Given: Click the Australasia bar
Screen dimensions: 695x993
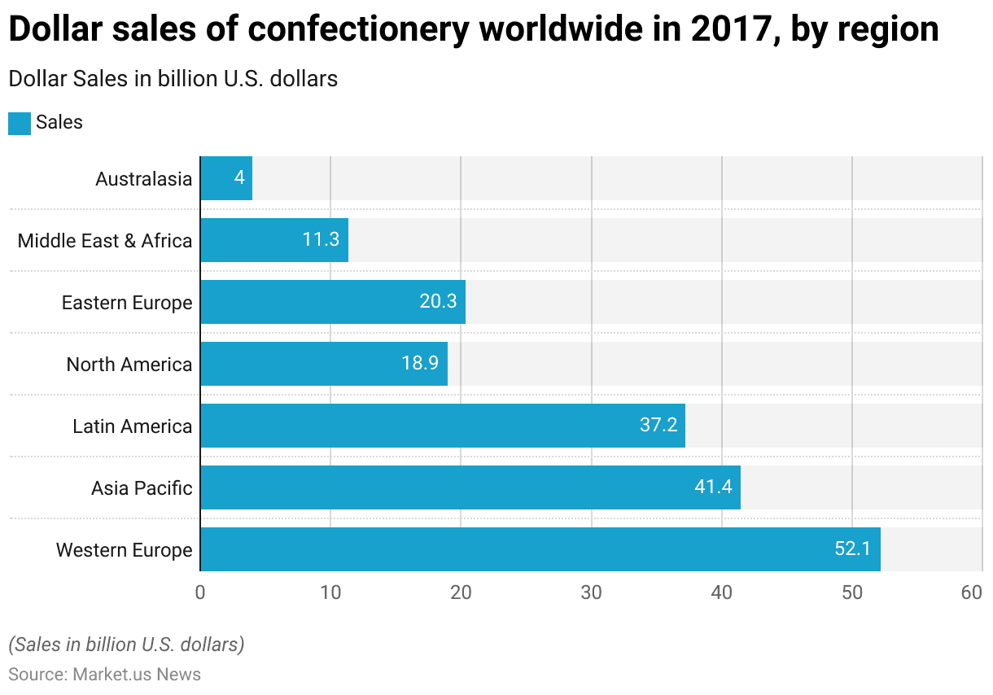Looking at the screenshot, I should (226, 178).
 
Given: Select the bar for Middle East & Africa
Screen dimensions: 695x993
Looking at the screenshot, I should (274, 240).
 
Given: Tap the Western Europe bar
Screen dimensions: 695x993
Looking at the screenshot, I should (540, 549).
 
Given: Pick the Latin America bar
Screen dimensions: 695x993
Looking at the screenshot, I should (442, 426).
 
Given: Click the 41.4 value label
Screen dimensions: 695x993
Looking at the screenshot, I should (713, 487).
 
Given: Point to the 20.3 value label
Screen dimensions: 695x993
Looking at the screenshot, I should (438, 302).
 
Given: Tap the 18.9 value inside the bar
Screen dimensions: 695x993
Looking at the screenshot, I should (420, 364).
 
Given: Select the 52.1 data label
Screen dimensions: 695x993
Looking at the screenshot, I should (852, 549).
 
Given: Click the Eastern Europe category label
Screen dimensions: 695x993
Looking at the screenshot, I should (127, 303).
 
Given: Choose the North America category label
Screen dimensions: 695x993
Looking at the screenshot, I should (129, 365).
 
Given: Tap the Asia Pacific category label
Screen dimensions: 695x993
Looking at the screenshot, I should (142, 488).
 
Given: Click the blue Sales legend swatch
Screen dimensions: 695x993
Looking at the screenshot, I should (20, 123).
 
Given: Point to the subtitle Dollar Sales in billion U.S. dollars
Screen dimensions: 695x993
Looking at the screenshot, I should (173, 79).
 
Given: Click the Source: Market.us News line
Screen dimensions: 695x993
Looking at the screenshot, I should (104, 675).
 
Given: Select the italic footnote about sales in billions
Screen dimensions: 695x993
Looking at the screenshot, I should (126, 645).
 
